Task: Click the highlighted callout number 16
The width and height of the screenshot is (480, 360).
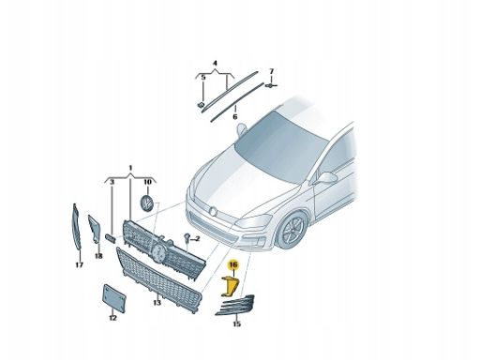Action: (x=233, y=265)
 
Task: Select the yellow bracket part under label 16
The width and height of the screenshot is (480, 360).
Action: (x=231, y=287)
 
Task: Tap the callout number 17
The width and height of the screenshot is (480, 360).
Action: (x=80, y=265)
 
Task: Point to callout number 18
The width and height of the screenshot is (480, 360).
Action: (x=98, y=256)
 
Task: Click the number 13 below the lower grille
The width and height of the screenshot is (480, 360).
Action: (x=157, y=303)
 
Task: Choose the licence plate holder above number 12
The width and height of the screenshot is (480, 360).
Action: (x=114, y=298)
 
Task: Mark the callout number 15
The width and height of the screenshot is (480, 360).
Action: (x=237, y=324)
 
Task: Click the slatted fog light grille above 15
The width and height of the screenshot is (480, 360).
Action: (x=235, y=305)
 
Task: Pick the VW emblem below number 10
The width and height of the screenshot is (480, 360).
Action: (x=147, y=202)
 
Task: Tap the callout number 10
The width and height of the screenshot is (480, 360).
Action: (x=147, y=182)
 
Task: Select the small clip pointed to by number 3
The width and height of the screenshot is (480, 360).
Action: (x=111, y=238)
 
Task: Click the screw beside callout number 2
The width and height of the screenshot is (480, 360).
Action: (x=187, y=237)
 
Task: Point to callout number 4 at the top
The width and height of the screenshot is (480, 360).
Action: (x=215, y=64)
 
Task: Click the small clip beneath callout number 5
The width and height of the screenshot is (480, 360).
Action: (x=202, y=105)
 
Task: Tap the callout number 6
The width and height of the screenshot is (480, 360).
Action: (x=235, y=117)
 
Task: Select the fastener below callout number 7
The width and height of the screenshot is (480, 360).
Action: (x=270, y=85)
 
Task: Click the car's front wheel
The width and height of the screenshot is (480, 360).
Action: (x=292, y=230)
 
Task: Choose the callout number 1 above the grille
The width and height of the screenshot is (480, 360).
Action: (x=130, y=169)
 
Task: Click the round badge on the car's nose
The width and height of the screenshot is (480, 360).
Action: (x=213, y=212)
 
